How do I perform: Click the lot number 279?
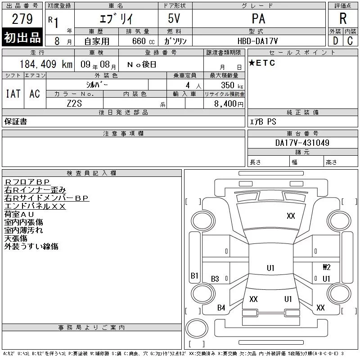pos(22,19)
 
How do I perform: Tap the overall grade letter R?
pos(343,18)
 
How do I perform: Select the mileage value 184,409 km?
pos(46,64)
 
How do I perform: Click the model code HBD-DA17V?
pos(257,41)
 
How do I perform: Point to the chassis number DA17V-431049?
pos(302,143)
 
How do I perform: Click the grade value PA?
pos(258,18)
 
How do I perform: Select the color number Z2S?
pos(74,103)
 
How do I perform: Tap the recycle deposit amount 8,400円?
pos(229,104)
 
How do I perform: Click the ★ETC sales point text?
pos(262,63)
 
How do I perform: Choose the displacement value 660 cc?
pos(143,41)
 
